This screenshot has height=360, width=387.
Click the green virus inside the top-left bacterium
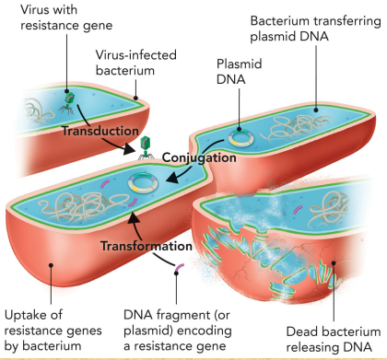pos(69,100)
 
